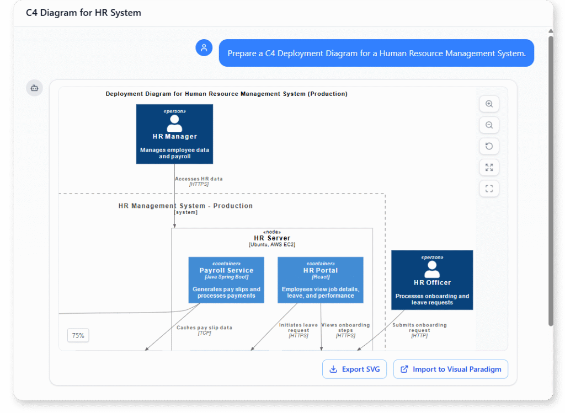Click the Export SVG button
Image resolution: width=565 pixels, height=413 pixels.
click(x=354, y=369)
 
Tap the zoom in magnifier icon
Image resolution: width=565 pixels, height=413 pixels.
click(x=489, y=104)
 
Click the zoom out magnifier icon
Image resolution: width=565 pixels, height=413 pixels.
click(x=489, y=125)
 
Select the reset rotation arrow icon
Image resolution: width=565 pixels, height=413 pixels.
click(x=489, y=146)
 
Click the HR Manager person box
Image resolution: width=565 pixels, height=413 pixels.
click(x=174, y=134)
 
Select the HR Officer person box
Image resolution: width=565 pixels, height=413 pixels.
click(x=432, y=280)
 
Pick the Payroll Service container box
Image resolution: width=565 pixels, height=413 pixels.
click(x=226, y=280)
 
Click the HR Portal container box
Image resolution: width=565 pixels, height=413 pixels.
click(x=321, y=280)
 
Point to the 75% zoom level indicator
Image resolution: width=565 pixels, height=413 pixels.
click(x=78, y=335)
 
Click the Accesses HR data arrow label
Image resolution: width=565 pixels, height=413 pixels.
click(x=199, y=181)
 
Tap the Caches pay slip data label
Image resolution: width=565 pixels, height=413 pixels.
click(x=204, y=330)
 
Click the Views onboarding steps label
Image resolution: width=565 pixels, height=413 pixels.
click(x=345, y=330)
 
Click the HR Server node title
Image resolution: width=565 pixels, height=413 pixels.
click(x=272, y=238)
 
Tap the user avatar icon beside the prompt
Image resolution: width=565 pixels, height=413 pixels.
click(x=204, y=48)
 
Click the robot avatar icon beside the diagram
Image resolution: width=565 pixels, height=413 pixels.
click(x=34, y=88)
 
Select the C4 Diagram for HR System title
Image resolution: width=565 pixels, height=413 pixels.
click(x=83, y=13)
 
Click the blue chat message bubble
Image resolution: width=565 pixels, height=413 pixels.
click(x=376, y=53)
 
